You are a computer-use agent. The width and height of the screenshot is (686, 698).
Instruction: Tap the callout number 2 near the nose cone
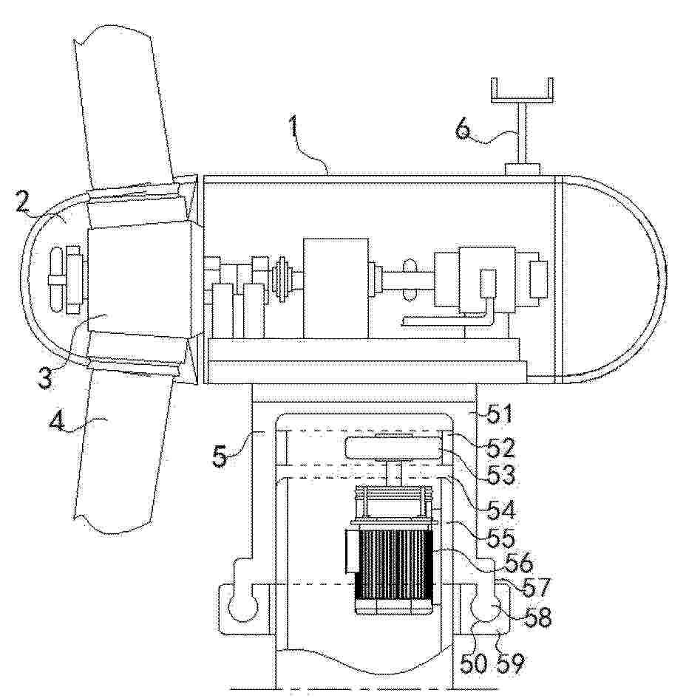[23, 202]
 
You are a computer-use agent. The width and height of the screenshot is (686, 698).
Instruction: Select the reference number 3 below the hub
[44, 377]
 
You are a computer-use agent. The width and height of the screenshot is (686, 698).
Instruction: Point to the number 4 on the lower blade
[57, 421]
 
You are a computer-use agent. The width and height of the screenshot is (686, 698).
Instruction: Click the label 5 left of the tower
[220, 456]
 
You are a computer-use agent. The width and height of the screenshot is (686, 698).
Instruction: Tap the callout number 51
[499, 414]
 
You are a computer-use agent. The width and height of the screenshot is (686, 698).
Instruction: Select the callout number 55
[500, 538]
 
